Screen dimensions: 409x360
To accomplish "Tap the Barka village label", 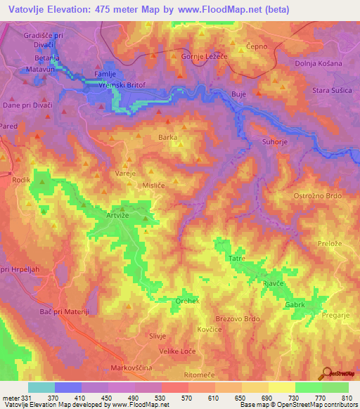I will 167,138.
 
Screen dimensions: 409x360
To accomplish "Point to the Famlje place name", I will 105,73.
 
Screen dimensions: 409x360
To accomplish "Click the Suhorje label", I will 275,141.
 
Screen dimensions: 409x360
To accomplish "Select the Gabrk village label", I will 295,305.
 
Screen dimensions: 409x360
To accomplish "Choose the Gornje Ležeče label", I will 205,56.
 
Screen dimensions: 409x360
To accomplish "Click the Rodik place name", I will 21,180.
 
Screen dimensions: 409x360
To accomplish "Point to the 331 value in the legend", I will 27,398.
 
